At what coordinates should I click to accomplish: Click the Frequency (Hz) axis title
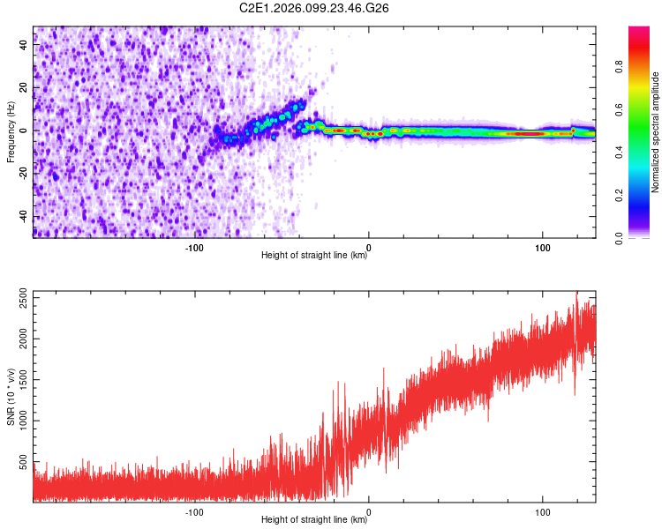pos(11,132)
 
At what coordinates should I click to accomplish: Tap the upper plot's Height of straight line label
pos(314,256)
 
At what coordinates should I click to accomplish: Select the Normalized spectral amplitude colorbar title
pos(656,132)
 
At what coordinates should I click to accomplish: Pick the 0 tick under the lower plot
pos(368,510)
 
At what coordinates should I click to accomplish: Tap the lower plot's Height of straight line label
pos(314,520)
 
